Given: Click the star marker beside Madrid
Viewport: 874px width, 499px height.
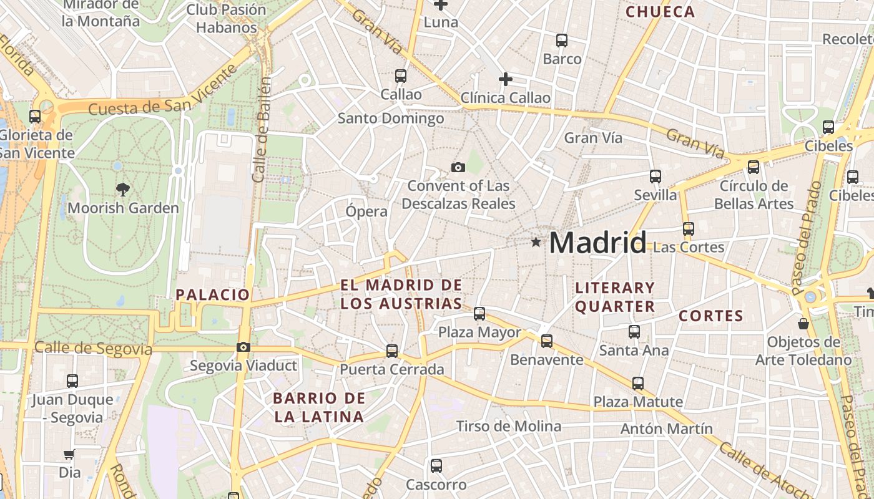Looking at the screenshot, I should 536,242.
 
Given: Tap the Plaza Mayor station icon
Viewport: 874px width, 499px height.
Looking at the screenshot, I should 479,314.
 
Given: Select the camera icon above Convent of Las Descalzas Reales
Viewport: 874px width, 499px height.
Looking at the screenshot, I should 458,167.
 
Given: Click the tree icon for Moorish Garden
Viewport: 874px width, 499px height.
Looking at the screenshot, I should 123,189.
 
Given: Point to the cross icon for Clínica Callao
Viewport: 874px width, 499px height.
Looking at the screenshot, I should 506,79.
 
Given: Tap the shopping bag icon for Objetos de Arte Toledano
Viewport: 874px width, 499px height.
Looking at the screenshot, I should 803,324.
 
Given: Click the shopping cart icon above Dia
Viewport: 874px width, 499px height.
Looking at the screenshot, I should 69,454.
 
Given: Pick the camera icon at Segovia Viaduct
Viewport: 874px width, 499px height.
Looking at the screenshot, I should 243,347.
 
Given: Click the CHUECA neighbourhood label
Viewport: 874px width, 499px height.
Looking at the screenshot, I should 660,12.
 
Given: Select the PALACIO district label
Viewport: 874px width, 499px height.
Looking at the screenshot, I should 213,294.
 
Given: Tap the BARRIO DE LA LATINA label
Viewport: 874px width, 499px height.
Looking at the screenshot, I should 319,407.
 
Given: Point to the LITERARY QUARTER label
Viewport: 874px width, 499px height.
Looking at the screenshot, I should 615,297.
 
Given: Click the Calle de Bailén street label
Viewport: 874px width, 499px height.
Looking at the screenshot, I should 263,130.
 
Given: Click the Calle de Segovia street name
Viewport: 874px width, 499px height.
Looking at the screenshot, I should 94,348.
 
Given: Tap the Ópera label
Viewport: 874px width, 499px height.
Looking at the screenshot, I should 366,211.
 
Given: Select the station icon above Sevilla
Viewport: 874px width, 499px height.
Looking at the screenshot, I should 655,177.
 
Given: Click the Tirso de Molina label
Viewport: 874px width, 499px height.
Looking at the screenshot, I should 509,427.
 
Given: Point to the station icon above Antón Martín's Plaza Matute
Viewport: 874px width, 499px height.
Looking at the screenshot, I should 638,383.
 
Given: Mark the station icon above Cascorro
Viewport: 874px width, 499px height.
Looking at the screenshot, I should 436,465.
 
